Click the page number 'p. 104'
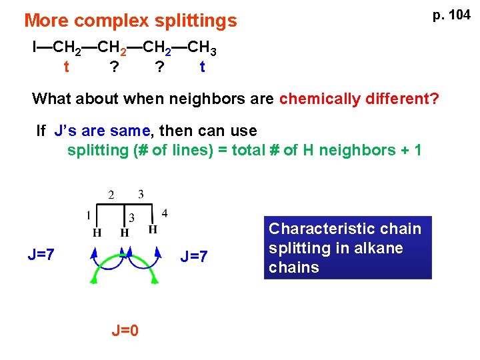pos(451,15)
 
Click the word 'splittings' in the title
pos(199,21)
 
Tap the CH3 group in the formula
pos(201,48)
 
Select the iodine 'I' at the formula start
pos(35,47)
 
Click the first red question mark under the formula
pos(115,67)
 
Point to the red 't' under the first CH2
pos(65,67)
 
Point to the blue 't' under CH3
pos(202,67)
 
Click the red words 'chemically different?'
pos(359,99)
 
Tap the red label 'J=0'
pos(125,330)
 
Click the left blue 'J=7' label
pos(41,254)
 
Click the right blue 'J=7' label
pos(194,255)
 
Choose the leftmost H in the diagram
pos(97,233)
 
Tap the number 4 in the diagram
pos(165,213)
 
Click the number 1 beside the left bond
pos(88,215)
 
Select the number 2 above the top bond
pos(111,195)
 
